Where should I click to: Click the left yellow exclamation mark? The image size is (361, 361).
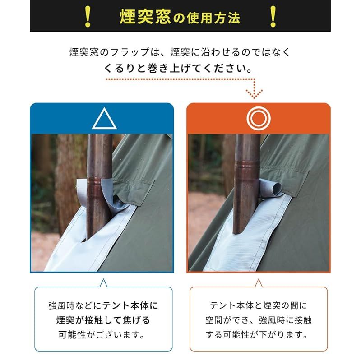(88, 16)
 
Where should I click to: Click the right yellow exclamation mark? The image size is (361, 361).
(273, 16)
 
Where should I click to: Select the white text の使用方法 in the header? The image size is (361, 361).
(207, 18)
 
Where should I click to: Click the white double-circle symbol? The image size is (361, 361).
(259, 118)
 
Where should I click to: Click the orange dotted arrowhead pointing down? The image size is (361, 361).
(255, 94)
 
